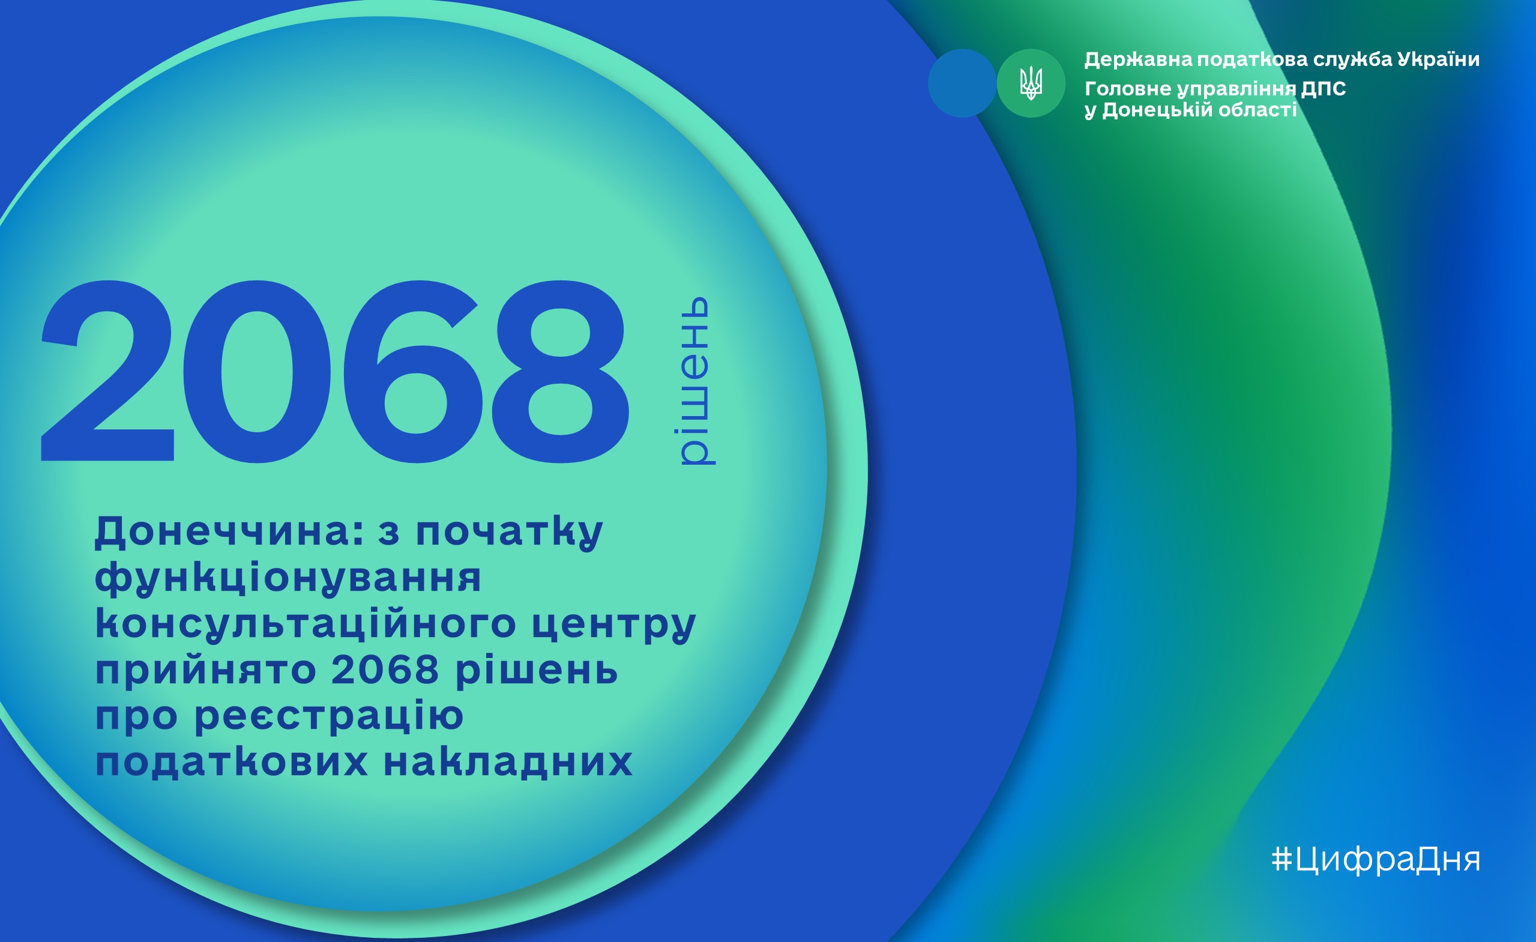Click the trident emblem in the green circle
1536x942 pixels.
[1031, 83]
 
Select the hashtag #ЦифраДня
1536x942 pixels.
[1375, 860]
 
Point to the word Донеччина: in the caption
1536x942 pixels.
[229, 532]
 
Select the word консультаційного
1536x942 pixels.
[306, 624]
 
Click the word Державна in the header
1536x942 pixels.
[1138, 60]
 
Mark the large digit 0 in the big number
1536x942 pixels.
[257, 372]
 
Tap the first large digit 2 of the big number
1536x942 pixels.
[107, 371]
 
